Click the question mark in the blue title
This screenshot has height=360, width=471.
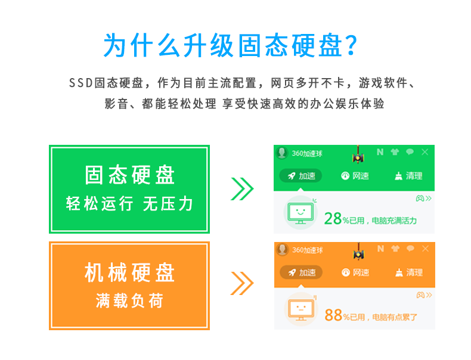click(351, 45)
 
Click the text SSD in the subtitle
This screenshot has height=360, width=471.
click(81, 83)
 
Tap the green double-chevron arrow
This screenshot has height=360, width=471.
click(242, 189)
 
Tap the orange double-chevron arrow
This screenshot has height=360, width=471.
click(242, 283)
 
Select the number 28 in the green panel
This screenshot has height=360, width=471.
click(333, 218)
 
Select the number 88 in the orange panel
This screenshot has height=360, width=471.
click(333, 315)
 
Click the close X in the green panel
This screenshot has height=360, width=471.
click(424, 152)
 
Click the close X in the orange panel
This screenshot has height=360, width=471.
click(425, 249)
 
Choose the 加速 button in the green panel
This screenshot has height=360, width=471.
click(300, 176)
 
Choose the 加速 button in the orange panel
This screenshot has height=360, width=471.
click(301, 272)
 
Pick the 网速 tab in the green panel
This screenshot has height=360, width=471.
click(355, 176)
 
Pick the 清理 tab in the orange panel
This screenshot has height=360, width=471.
click(409, 272)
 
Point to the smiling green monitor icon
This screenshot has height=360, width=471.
click(300, 213)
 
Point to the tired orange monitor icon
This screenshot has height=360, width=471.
click(301, 309)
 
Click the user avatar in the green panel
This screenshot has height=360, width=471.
click(282, 153)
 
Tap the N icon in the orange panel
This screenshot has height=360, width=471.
click(380, 249)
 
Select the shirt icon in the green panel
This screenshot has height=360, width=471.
click(395, 152)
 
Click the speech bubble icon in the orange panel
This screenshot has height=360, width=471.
click(410, 249)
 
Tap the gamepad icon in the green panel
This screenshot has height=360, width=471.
click(420, 198)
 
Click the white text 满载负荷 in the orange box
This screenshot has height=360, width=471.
click(129, 300)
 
